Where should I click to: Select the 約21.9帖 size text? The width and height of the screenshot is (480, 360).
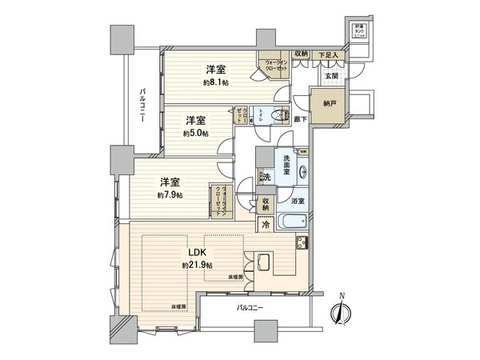point(196,265)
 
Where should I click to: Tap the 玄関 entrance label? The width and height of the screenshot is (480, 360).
point(332,76)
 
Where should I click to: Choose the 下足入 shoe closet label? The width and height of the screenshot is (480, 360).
point(329,54)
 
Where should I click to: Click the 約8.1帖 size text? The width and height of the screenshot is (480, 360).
point(216,82)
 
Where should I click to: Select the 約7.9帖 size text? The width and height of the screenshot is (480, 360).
point(170,194)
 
